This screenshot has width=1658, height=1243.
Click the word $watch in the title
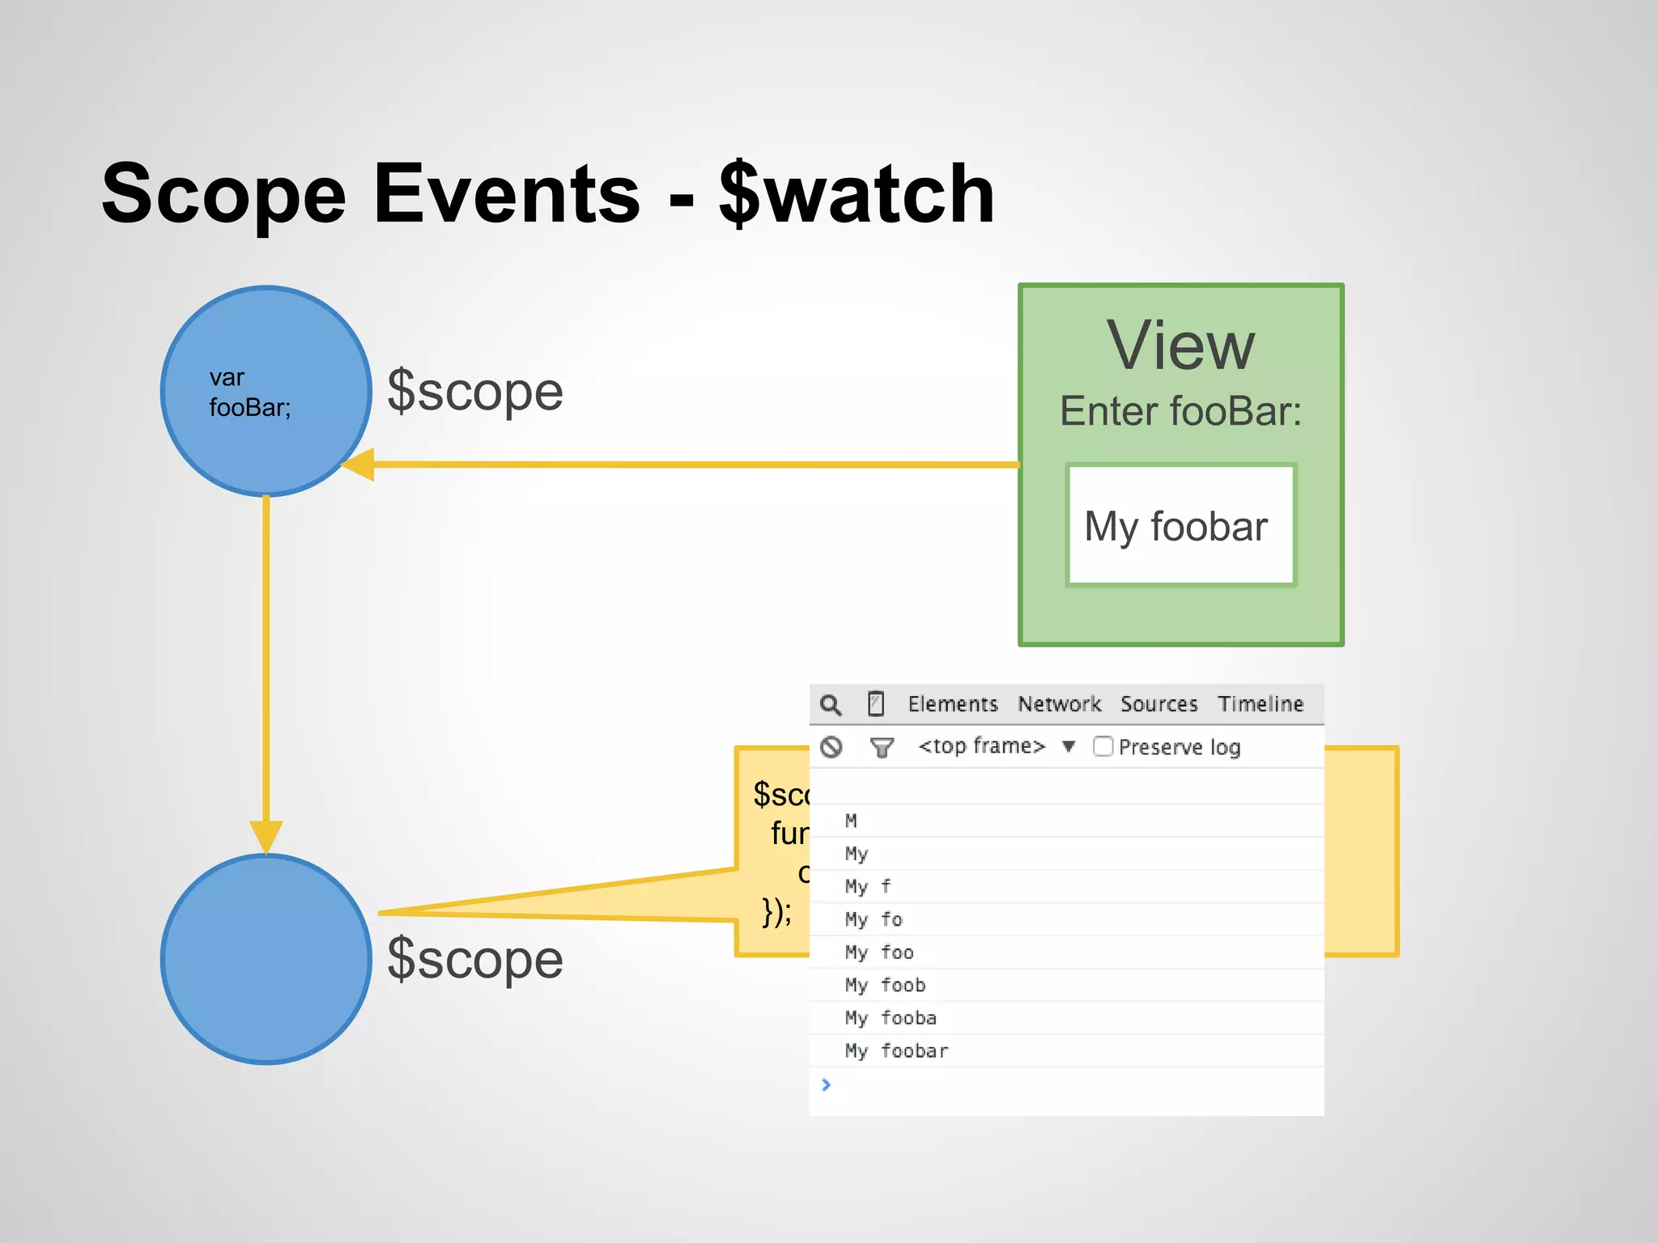(857, 194)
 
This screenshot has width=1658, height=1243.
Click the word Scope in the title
(223, 194)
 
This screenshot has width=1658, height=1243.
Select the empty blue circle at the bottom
(266, 959)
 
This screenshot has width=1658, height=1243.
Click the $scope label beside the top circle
(475, 391)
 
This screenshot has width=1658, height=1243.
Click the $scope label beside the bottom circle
(475, 960)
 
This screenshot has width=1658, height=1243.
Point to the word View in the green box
(1180, 346)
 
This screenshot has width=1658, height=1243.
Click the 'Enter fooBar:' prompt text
(1180, 411)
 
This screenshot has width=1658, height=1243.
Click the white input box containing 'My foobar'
(1180, 525)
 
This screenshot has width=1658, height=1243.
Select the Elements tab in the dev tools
(953, 704)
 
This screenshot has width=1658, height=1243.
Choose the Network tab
(1059, 704)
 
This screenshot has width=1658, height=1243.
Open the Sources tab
(1158, 704)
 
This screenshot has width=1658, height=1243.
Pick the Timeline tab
(1261, 704)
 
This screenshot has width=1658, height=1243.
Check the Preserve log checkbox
(1103, 746)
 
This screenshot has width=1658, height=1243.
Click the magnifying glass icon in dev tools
(831, 705)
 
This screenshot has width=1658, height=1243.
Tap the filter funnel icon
(882, 747)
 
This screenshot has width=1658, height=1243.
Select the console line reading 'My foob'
(885, 985)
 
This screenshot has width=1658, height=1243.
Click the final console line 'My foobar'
(896, 1050)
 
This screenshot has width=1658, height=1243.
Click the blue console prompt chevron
(826, 1084)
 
